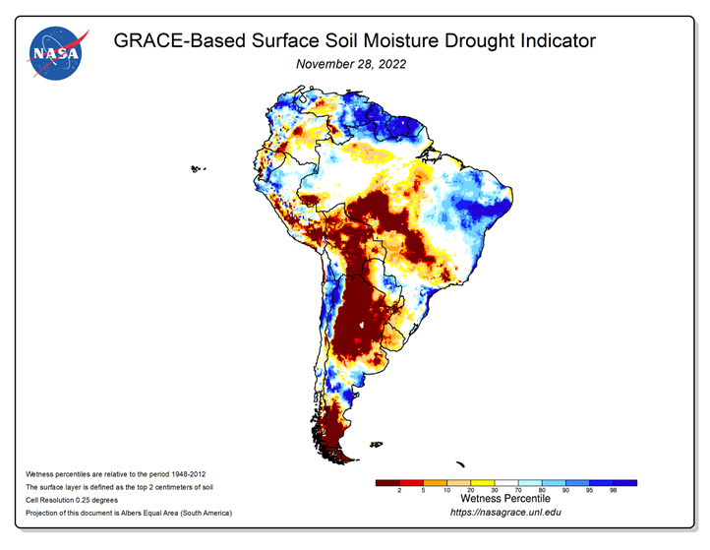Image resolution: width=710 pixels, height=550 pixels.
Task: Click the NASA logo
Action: pyautogui.click(x=56, y=53)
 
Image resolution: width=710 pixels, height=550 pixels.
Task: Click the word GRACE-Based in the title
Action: pyautogui.click(x=179, y=40)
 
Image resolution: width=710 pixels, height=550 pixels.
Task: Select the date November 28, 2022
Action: pyautogui.click(x=351, y=64)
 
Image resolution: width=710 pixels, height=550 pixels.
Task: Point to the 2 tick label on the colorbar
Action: pyautogui.click(x=399, y=490)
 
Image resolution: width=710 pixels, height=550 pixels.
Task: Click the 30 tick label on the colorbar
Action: pyautogui.click(x=495, y=490)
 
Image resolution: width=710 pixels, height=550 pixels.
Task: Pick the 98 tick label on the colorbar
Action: pyautogui.click(x=613, y=490)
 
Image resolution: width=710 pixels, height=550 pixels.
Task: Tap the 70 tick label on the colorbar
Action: pyautogui.click(x=518, y=490)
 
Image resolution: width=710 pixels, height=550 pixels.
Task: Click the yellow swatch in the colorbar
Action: pyautogui.click(x=483, y=483)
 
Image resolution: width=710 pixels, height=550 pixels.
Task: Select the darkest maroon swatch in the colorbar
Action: pyautogui.click(x=387, y=483)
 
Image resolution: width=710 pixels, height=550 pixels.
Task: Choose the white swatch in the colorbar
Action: pyautogui.click(x=506, y=483)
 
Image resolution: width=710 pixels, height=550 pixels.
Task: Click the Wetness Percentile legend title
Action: pyautogui.click(x=505, y=499)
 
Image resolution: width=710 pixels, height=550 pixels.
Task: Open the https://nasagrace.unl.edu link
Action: pyautogui.click(x=505, y=513)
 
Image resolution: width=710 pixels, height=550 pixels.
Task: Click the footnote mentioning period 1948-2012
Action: pyautogui.click(x=115, y=474)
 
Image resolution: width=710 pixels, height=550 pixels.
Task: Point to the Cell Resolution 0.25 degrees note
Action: pyautogui.click(x=72, y=500)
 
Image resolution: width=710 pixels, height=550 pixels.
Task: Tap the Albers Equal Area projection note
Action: pyautogui.click(x=129, y=513)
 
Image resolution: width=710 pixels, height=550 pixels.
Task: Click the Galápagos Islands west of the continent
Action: pyautogui.click(x=198, y=169)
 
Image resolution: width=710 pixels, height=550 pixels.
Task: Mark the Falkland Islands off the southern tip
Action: pyautogui.click(x=376, y=445)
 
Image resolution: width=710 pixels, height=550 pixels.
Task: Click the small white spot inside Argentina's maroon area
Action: pyautogui.click(x=361, y=325)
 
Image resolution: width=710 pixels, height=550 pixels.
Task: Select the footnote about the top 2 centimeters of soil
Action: pyautogui.click(x=119, y=487)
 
